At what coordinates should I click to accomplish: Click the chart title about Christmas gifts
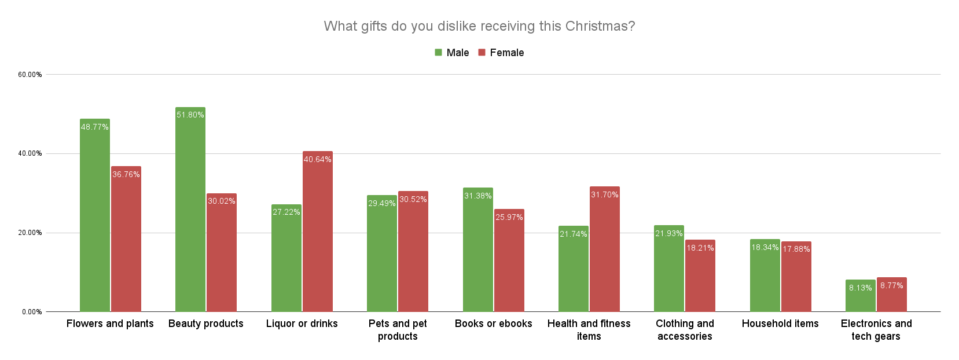(479, 26)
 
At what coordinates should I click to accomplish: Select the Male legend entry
(452, 53)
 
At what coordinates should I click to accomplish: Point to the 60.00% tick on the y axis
(30, 75)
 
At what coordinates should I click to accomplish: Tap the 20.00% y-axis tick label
(30, 233)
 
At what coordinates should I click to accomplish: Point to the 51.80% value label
(190, 115)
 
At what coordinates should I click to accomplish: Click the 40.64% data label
(318, 160)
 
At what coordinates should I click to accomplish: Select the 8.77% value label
(892, 286)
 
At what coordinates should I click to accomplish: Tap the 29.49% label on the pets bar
(382, 204)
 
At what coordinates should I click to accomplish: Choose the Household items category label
(780, 324)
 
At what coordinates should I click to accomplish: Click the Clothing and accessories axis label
(685, 330)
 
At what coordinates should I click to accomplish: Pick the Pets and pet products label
(398, 330)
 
